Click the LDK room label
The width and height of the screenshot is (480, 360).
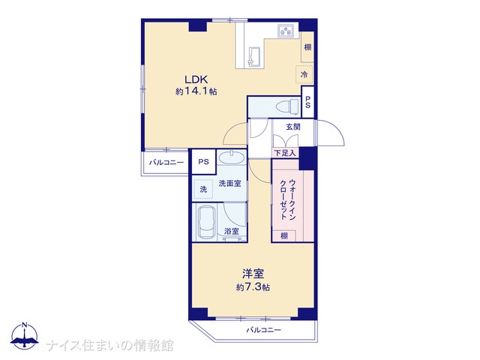pyautogui.click(x=196, y=79)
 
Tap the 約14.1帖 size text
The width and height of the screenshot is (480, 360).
pyautogui.click(x=196, y=91)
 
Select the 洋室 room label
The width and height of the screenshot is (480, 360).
pyautogui.click(x=253, y=273)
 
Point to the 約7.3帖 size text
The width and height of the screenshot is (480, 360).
pyautogui.click(x=253, y=287)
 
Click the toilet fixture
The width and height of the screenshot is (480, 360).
pyautogui.click(x=287, y=107)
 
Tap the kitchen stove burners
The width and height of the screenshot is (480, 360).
pyautogui.click(x=286, y=31)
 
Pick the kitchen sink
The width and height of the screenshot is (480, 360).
pyautogui.click(x=253, y=57)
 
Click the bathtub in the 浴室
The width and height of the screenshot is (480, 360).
pyautogui.click(x=205, y=222)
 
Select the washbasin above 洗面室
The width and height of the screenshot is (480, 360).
pyautogui.click(x=232, y=157)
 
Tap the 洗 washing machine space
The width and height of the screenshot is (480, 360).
pyautogui.click(x=203, y=190)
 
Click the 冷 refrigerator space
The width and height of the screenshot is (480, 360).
pyautogui.click(x=304, y=74)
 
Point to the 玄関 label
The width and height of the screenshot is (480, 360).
pyautogui.click(x=293, y=127)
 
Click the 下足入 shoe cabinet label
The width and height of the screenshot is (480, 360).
pyautogui.click(x=285, y=153)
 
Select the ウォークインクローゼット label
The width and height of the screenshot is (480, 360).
pyautogui.click(x=288, y=199)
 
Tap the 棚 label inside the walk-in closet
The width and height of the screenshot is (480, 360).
pyautogui.click(x=284, y=236)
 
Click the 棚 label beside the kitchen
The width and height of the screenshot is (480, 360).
pyautogui.click(x=307, y=47)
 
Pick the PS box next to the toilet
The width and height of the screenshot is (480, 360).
pyautogui.click(x=308, y=102)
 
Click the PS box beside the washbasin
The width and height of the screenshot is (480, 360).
pyautogui.click(x=203, y=162)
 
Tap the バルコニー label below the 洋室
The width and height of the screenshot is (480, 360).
pyautogui.click(x=263, y=330)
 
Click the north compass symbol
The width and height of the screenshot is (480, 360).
pyautogui.click(x=25, y=335)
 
